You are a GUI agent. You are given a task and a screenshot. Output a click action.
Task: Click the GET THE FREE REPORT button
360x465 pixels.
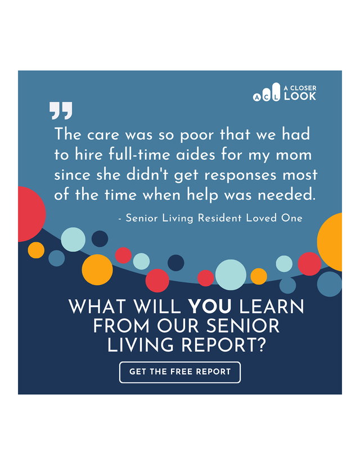pyautogui.click(x=180, y=372)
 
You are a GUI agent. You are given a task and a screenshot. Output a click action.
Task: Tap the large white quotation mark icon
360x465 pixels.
pyautogui.click(x=61, y=111)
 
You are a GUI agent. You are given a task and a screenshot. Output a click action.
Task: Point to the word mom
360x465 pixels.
pyautogui.click(x=294, y=155)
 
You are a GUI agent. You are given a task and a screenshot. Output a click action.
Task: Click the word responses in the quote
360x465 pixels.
pyautogui.click(x=241, y=175)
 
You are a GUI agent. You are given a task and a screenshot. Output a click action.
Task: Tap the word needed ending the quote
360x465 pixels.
pyautogui.click(x=286, y=195)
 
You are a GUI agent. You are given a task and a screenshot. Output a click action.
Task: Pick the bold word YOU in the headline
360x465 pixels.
pyautogui.click(x=210, y=306)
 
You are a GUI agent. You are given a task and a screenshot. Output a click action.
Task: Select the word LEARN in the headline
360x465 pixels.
pyautogui.click(x=272, y=306)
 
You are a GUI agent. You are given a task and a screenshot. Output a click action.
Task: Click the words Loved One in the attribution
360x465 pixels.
pyautogui.click(x=274, y=218)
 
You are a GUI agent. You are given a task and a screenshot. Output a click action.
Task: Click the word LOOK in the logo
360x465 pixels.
pyautogui.click(x=300, y=96)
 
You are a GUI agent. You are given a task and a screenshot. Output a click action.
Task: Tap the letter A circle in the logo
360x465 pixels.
pyautogui.click(x=256, y=97)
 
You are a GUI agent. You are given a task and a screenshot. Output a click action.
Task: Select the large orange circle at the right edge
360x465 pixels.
pyautogui.click(x=331, y=242)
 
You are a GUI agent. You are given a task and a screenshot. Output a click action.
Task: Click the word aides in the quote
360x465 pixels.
pyautogui.click(x=196, y=155)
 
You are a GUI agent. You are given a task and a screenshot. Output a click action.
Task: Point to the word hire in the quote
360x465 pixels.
pyautogui.click(x=88, y=155)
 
